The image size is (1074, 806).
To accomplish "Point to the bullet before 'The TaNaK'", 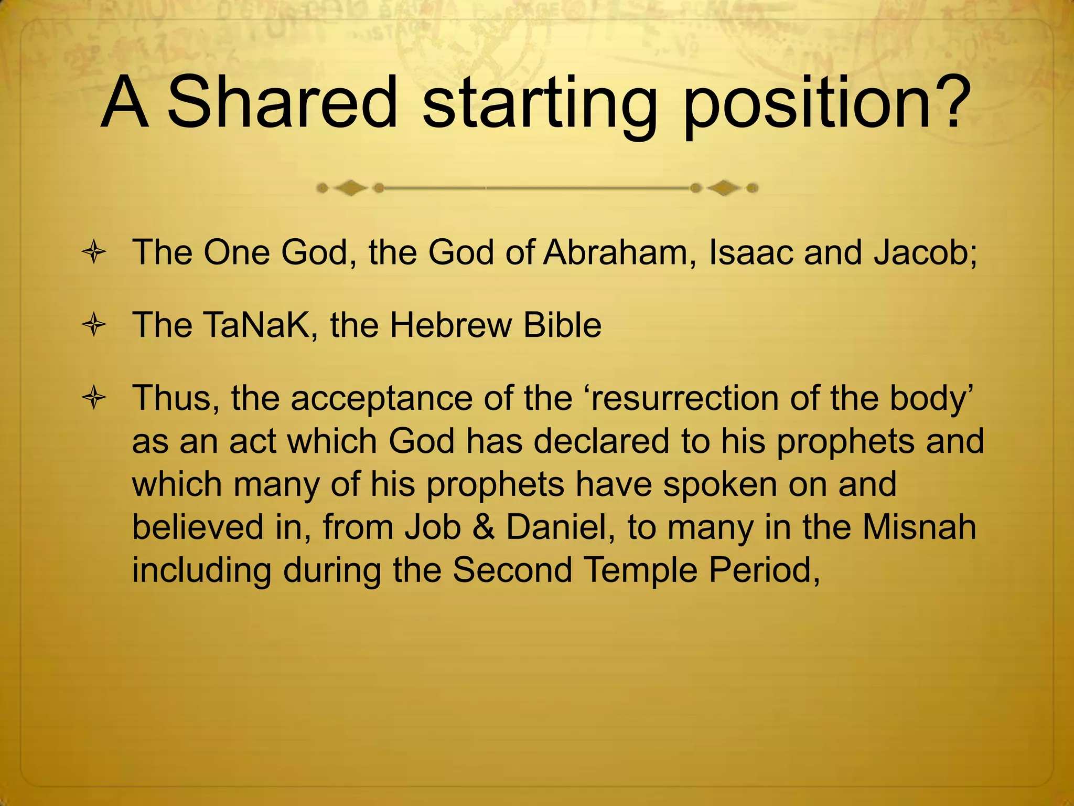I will [94, 326].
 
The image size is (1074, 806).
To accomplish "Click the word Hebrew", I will [450, 325].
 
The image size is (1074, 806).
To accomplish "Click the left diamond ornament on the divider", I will [350, 188].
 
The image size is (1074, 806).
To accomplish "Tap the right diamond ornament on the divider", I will [725, 188].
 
